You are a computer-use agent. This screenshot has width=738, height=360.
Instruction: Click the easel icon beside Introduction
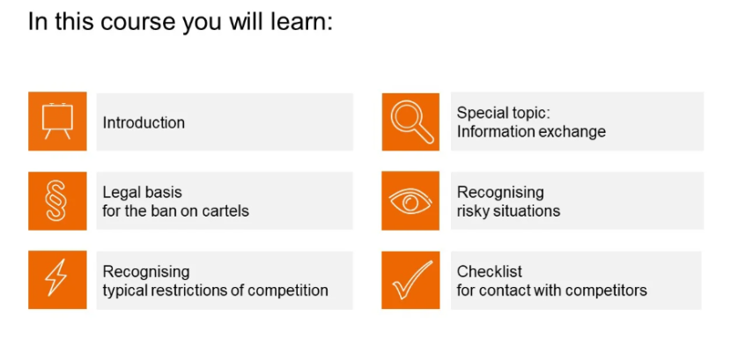(x=57, y=121)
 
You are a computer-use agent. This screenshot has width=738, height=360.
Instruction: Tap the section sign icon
(x=57, y=201)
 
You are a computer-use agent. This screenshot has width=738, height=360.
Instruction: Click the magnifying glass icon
(x=412, y=121)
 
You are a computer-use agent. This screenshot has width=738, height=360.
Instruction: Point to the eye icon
(x=410, y=201)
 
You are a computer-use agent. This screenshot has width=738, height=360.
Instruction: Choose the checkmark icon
(x=412, y=280)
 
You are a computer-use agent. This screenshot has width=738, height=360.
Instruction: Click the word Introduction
(x=144, y=123)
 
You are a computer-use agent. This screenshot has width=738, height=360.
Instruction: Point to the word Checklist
(x=490, y=271)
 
